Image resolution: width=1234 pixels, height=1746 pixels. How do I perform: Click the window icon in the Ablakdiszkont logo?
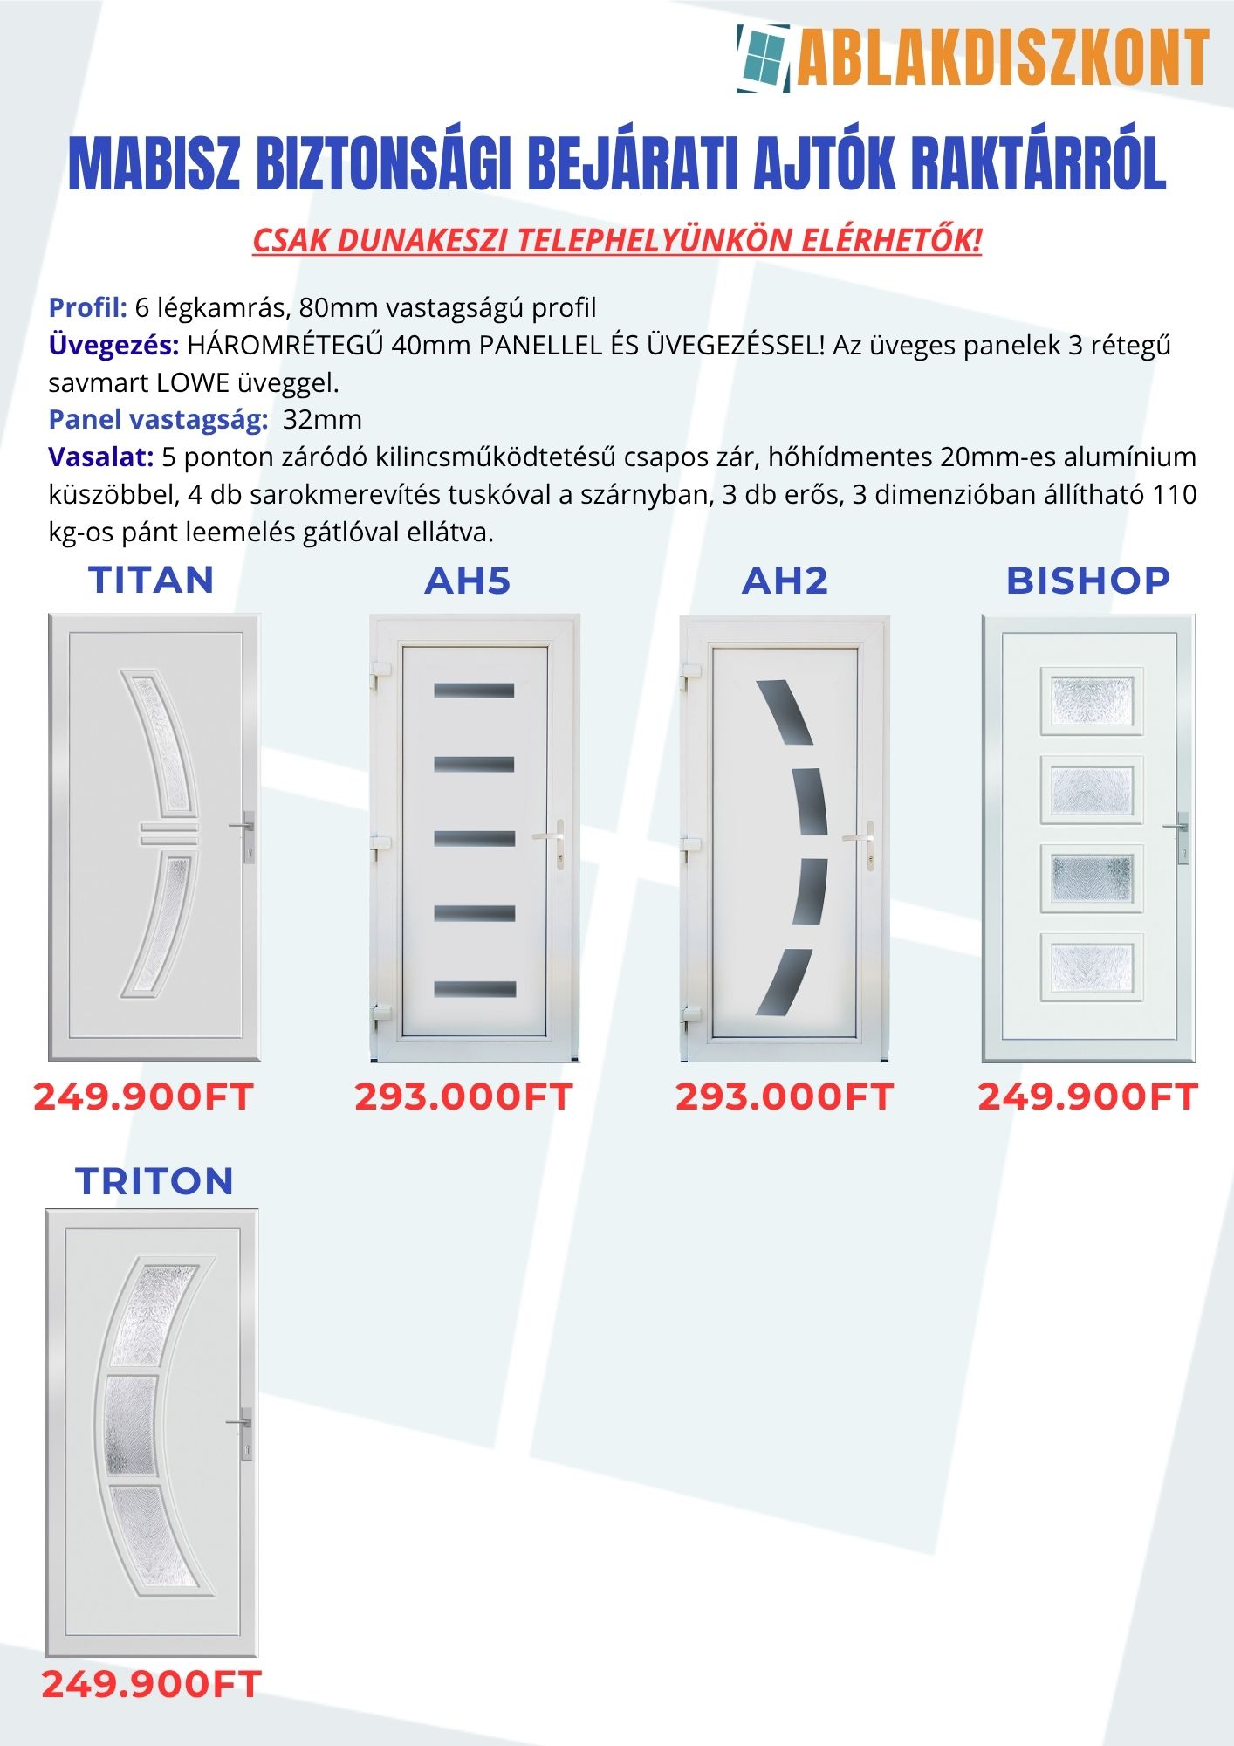pyautogui.click(x=764, y=58)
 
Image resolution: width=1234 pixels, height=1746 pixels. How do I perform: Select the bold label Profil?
pyautogui.click(x=88, y=307)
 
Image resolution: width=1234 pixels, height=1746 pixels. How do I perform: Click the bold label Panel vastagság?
pyautogui.click(x=158, y=419)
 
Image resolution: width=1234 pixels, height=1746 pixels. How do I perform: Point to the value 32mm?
pyautogui.click(x=322, y=419)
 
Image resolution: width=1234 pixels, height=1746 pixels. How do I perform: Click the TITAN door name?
pyautogui.click(x=152, y=581)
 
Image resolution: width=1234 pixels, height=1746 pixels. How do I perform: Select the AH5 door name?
pyautogui.click(x=468, y=581)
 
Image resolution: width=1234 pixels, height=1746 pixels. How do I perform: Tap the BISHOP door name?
pyautogui.click(x=1087, y=581)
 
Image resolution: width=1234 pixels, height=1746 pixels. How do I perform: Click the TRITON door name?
pyautogui.click(x=154, y=1181)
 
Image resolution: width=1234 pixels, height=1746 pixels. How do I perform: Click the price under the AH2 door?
pyautogui.click(x=785, y=1097)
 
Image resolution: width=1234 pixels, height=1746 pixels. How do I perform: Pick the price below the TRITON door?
pyautogui.click(x=152, y=1684)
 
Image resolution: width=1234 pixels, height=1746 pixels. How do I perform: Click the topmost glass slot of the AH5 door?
pyautogui.click(x=474, y=691)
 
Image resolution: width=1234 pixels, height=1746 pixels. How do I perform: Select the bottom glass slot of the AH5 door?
pyautogui.click(x=475, y=990)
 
